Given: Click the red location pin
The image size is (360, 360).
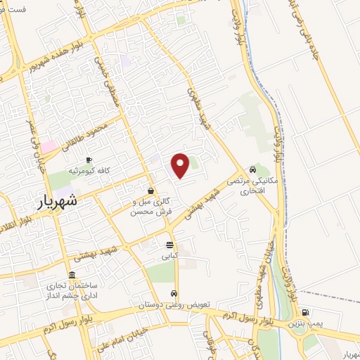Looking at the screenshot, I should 181,165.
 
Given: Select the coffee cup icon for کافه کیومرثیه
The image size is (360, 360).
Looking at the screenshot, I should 89,160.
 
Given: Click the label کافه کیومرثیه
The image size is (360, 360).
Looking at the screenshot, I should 89,171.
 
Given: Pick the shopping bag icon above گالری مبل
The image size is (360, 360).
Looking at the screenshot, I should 150,191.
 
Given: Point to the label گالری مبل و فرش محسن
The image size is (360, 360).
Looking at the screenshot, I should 151,205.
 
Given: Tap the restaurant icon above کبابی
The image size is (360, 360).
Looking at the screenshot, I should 169,245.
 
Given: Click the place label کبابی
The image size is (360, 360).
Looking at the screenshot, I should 170,256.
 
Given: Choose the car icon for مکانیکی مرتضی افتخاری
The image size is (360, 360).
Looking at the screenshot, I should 252,169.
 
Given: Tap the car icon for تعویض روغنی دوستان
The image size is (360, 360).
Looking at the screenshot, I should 175,294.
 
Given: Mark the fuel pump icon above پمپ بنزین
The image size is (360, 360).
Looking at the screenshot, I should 304,313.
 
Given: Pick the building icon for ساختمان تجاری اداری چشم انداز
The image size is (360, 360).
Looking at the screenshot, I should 72,275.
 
